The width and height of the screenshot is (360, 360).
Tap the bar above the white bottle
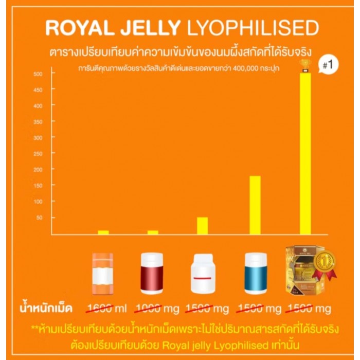pyautogui.click(x=202, y=225)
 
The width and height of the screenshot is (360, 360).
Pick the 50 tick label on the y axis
pyautogui.click(x=40, y=218)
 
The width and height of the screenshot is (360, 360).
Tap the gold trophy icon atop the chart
pyautogui.click(x=304, y=65)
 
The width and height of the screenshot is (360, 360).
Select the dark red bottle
pyautogui.click(x=152, y=273)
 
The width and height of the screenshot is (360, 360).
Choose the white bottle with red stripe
pyautogui.click(x=202, y=274)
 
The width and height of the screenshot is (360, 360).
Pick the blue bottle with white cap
pyautogui.click(x=255, y=273)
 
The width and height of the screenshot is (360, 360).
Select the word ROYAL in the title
pyautogui.click(x=77, y=28)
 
